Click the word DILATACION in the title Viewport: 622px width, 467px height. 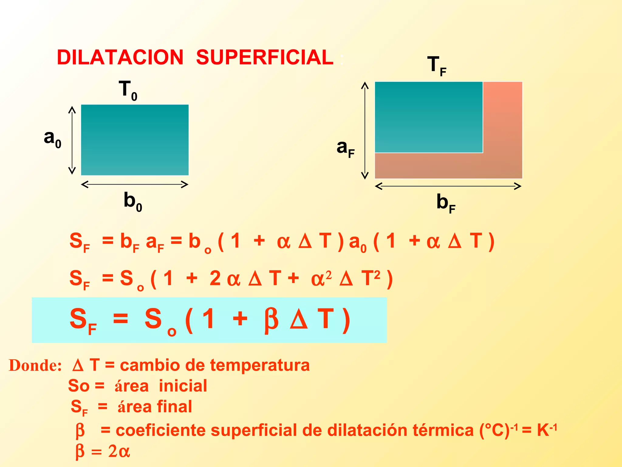click(x=120, y=57)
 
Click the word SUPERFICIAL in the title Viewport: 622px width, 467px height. click(x=265, y=57)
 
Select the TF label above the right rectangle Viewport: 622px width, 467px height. click(x=436, y=66)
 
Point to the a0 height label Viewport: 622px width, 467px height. click(x=53, y=138)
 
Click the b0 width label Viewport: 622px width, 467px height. click(x=133, y=201)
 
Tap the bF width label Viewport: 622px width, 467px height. click(x=446, y=203)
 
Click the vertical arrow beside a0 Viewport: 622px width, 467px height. click(x=72, y=140)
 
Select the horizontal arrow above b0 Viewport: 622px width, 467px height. click(x=135, y=184)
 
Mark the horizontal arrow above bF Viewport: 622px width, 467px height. click(x=448, y=186)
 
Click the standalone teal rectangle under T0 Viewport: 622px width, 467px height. click(x=135, y=140)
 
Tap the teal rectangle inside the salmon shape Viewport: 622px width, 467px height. click(x=429, y=117)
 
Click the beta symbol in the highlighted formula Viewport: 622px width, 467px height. click(x=271, y=320)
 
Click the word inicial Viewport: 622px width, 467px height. click(x=183, y=386)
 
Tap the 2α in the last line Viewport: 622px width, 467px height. click(x=119, y=451)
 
